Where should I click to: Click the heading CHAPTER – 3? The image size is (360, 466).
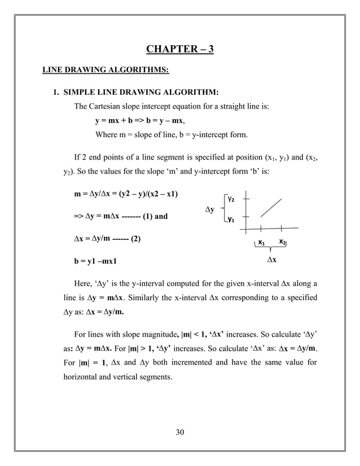180,49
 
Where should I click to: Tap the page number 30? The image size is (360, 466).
180,433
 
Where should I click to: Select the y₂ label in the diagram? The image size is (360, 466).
231,199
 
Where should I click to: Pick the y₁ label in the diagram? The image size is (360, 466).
231,220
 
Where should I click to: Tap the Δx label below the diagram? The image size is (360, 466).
271,261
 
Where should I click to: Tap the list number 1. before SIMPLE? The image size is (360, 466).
56,92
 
